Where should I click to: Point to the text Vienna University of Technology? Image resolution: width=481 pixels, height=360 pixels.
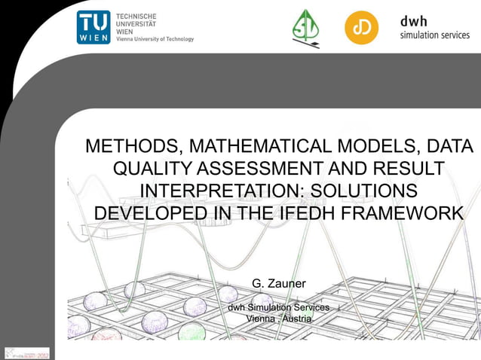pos(155,39)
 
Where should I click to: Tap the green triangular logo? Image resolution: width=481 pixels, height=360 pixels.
pos(305,28)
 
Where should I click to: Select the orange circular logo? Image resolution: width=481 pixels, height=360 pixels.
pos(362,28)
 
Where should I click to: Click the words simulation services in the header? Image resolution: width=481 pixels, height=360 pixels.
pos(434,35)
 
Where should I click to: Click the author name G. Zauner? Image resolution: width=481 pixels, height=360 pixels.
pos(278,284)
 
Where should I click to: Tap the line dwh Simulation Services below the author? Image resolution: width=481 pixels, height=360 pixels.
pos(278,307)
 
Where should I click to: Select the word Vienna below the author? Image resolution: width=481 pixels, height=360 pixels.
pos(260,319)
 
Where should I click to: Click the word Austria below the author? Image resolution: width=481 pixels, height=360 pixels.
pos(298,319)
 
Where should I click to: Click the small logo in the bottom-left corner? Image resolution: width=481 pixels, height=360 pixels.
pos(25,352)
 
